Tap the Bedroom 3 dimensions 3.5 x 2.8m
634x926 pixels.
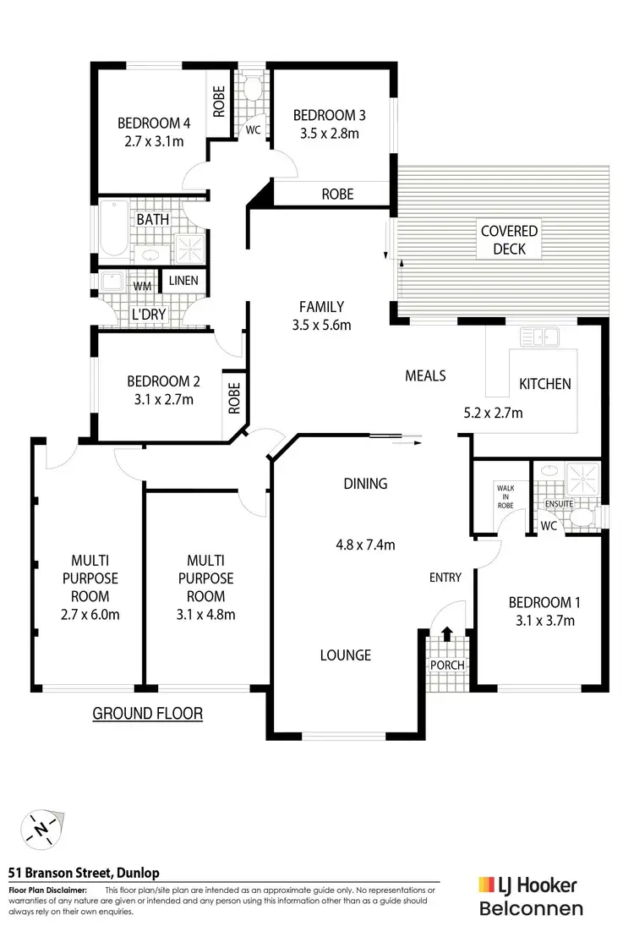(x=325, y=134)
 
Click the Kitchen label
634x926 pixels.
(x=544, y=383)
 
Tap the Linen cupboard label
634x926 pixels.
(x=183, y=281)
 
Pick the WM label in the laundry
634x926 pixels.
(x=143, y=286)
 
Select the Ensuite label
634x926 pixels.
(x=559, y=504)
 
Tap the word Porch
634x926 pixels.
(x=446, y=664)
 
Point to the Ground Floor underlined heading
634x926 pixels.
(x=147, y=713)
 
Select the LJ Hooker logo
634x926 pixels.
(x=528, y=886)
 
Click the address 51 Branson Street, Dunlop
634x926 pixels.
(x=84, y=873)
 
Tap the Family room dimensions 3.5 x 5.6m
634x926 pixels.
(x=320, y=324)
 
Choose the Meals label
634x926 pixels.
(x=425, y=375)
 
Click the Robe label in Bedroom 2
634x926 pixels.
(x=234, y=397)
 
